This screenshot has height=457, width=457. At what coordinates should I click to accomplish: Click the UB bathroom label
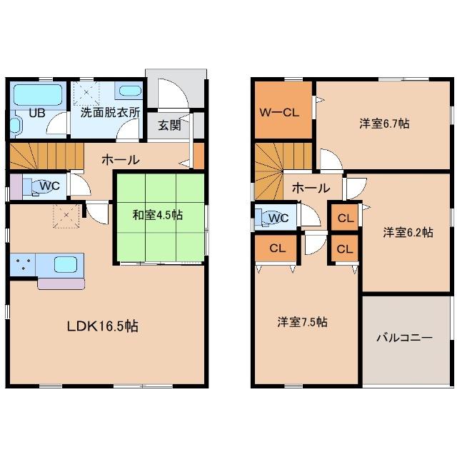[37, 113]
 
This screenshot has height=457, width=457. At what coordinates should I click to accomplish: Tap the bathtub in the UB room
[38, 95]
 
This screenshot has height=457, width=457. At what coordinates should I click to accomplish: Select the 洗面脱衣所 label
[110, 112]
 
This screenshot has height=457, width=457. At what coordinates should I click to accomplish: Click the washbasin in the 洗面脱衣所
[129, 91]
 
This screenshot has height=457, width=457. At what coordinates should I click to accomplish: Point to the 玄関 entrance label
[169, 126]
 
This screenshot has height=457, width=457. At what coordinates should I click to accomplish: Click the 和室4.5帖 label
[158, 215]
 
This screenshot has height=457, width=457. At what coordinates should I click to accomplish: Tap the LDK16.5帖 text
[103, 326]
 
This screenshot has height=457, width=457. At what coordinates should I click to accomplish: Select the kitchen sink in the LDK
[66, 264]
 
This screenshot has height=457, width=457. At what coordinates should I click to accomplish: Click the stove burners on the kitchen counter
[22, 264]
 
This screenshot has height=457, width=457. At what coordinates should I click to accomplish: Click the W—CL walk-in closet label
[279, 113]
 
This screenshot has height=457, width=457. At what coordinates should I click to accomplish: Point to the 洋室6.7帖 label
[384, 124]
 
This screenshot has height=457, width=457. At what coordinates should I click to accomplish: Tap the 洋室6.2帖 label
[408, 232]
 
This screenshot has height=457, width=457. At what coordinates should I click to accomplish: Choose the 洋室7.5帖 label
[302, 322]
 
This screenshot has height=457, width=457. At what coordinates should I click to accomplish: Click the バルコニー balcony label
[405, 338]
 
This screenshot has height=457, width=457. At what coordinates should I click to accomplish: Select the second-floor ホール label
[311, 189]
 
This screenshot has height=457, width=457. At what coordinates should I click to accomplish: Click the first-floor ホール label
[121, 160]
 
